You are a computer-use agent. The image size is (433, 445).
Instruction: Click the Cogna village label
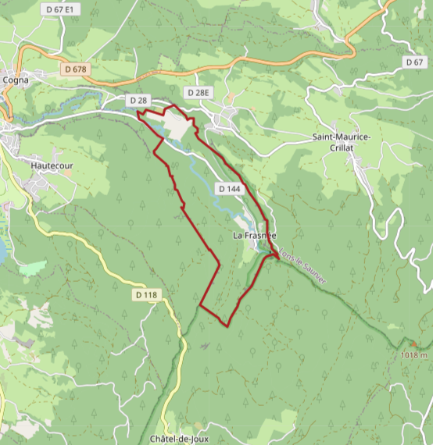(16, 79)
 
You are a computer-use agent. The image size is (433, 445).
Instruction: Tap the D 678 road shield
(77, 69)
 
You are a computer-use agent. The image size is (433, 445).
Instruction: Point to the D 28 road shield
(138, 101)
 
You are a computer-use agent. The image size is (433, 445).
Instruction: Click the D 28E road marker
(199, 93)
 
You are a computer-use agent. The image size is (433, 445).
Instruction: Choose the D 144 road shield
(230, 189)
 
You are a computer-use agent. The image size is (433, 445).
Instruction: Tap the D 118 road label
(146, 295)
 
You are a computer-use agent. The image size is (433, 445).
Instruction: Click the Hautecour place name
(52, 166)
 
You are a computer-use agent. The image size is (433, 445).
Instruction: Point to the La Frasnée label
(255, 235)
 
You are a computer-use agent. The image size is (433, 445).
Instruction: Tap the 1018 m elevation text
(414, 355)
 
